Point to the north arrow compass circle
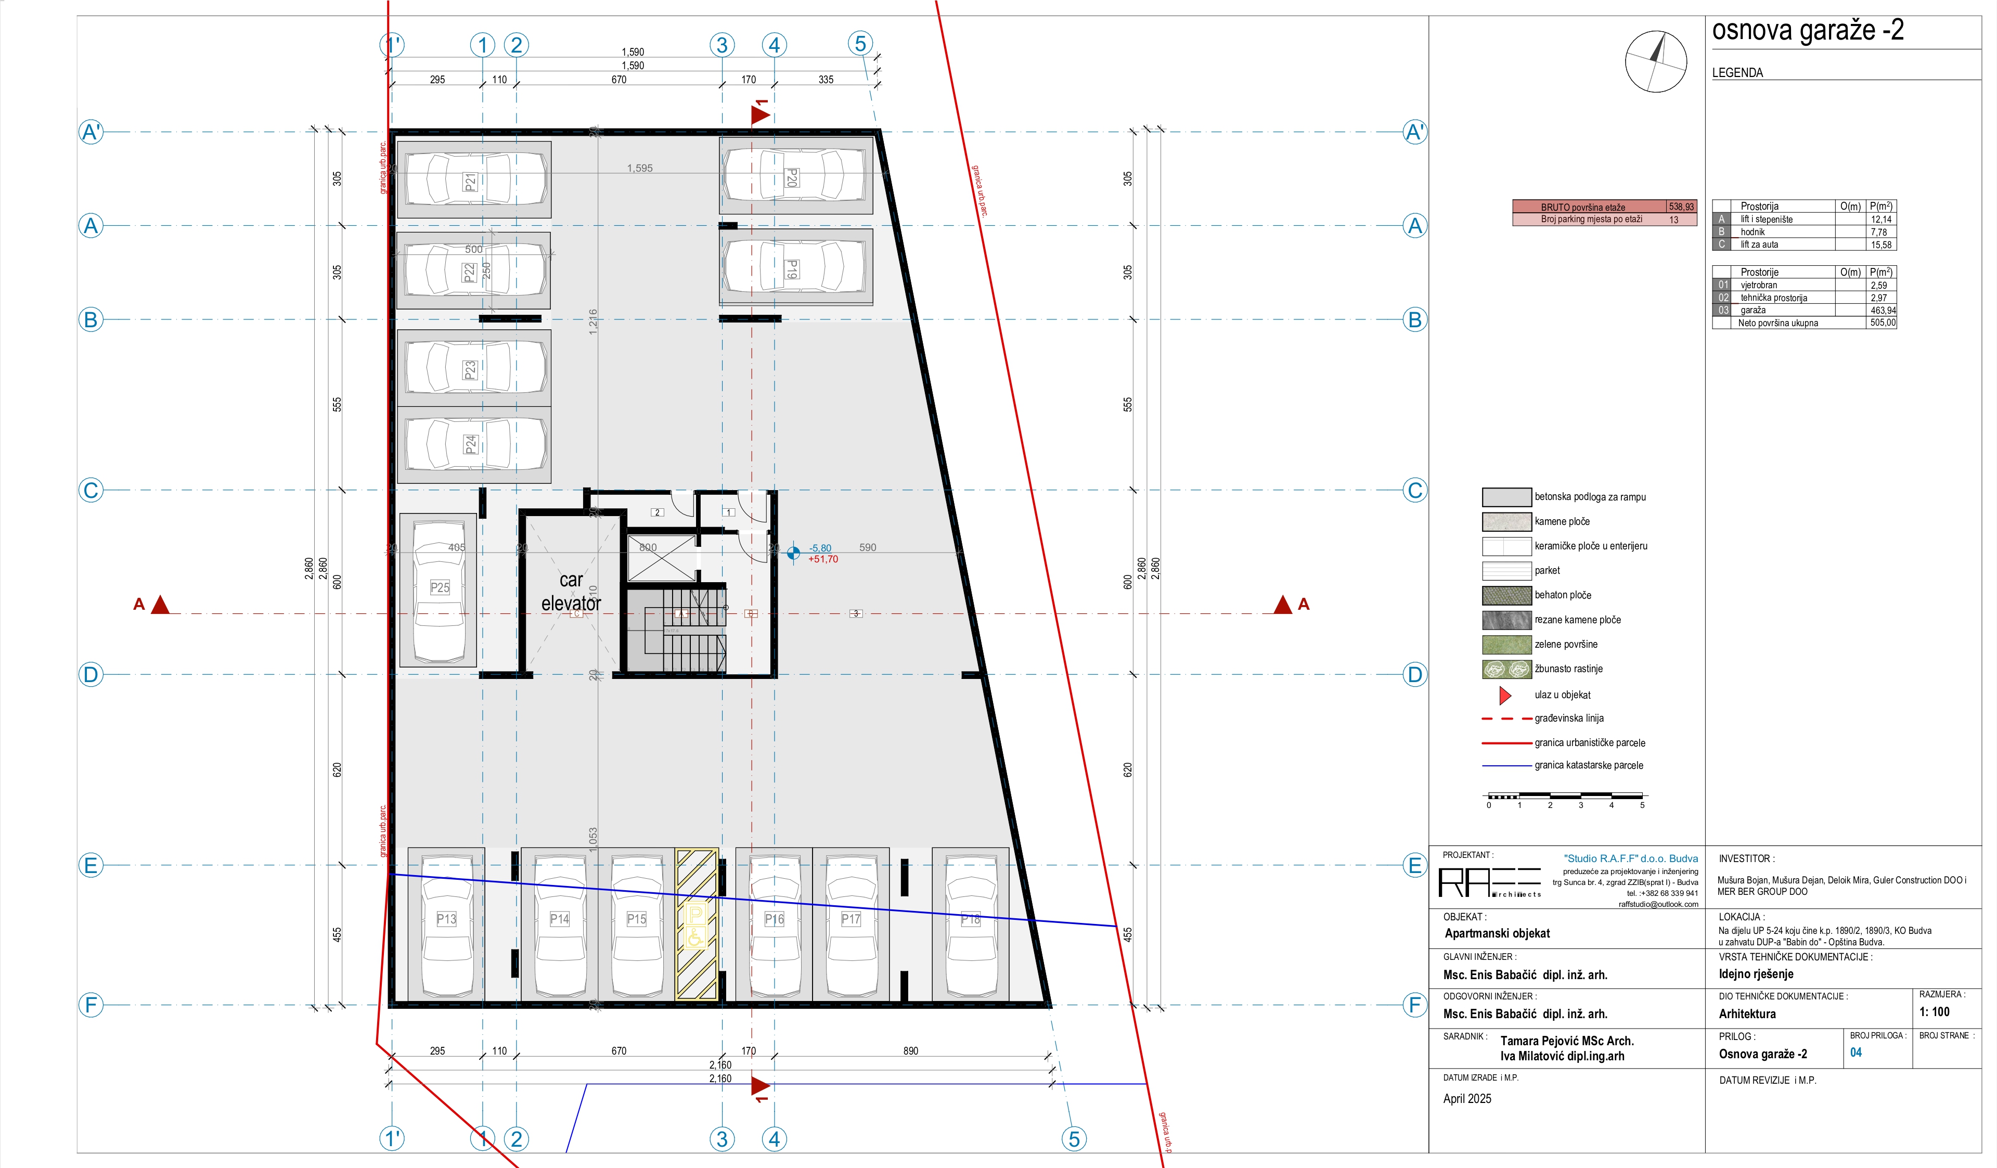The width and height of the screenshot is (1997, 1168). pyautogui.click(x=1655, y=61)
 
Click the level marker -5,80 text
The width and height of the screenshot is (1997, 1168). pyautogui.click(x=820, y=548)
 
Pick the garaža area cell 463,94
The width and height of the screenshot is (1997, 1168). pyautogui.click(x=1883, y=311)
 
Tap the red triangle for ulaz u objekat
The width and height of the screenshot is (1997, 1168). pyautogui.click(x=1505, y=696)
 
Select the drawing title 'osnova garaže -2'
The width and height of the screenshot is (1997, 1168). pyautogui.click(x=1808, y=30)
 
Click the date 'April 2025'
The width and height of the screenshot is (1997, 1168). pyautogui.click(x=1467, y=1099)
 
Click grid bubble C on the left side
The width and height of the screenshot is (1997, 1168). pyautogui.click(x=91, y=491)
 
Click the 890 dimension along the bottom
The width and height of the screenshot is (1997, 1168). pyautogui.click(x=910, y=1051)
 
